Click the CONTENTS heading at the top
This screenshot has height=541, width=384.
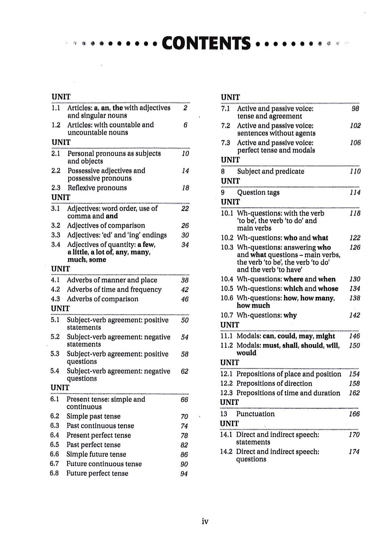coord(206,43)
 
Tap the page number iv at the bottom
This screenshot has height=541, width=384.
coord(205,521)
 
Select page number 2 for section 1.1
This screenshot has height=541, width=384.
coord(185,108)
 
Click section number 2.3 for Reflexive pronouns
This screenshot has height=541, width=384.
coord(56,188)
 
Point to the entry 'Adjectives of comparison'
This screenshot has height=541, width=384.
coord(106,226)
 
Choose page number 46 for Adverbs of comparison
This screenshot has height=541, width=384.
coord(185,299)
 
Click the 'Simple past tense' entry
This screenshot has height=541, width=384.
coord(93,416)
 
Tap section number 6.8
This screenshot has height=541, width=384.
coord(55,473)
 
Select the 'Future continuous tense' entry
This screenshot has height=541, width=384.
coord(104,464)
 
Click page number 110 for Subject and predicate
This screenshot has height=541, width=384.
coord(355,172)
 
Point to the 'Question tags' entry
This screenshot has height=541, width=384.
coord(258,193)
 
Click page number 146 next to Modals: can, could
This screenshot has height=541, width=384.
coord(354,336)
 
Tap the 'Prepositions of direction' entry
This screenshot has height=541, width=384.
coord(274,383)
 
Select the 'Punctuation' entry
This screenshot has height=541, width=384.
coord(255,414)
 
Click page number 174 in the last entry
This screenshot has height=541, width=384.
coord(354,452)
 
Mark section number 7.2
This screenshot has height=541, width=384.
coord(226,126)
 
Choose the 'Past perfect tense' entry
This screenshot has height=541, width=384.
coord(93,445)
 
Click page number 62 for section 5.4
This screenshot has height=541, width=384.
coord(185,371)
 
